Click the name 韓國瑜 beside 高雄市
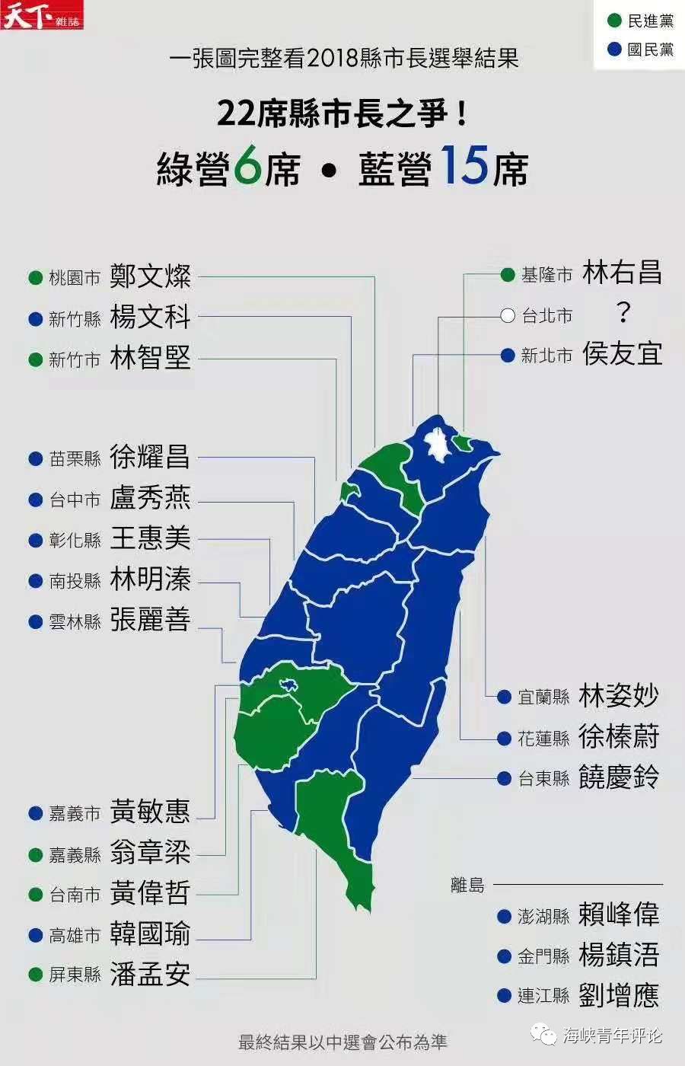tap(150, 934)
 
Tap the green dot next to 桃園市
tap(35, 278)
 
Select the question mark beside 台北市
tap(623, 313)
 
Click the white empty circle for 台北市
tap(508, 315)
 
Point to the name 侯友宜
tap(622, 354)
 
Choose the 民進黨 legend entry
tap(640, 21)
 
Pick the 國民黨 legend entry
tap(640, 49)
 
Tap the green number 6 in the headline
tap(247, 168)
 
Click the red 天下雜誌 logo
tap(42, 15)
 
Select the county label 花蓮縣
tap(543, 738)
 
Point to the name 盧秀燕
tap(150, 499)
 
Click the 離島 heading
tap(467, 885)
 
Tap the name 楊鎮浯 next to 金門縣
tap(618, 955)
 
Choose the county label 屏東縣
tap(75, 975)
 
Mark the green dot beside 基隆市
tap(508, 275)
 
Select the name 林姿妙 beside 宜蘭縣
tap(618, 696)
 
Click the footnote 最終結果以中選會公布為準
tap(342, 1042)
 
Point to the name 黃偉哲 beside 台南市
tap(150, 893)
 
